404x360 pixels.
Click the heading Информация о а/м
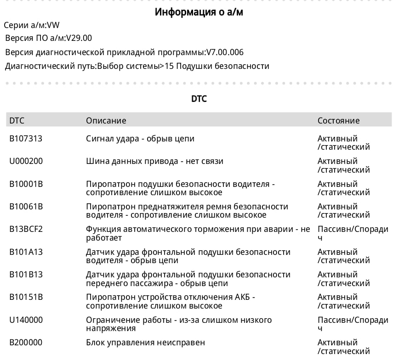point(199,12)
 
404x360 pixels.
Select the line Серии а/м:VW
point(32,25)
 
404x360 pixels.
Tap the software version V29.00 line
point(48,38)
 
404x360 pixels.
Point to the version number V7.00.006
point(225,52)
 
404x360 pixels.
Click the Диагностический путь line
point(137,66)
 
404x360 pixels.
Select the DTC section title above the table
point(199,99)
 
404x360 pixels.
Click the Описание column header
point(106,121)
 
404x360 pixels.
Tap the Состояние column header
point(338,121)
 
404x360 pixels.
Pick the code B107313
point(26,138)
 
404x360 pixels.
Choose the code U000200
point(26,161)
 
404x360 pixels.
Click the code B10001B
point(26,184)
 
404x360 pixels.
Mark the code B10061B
point(26,207)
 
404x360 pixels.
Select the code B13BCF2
point(26,229)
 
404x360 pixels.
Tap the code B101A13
point(26,252)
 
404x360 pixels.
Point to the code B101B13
point(26,275)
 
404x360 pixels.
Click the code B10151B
point(26,297)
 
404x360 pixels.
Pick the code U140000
point(26,320)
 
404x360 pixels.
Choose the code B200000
point(26,343)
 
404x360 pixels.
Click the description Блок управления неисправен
point(145,343)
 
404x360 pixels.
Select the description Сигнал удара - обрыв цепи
point(140,138)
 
